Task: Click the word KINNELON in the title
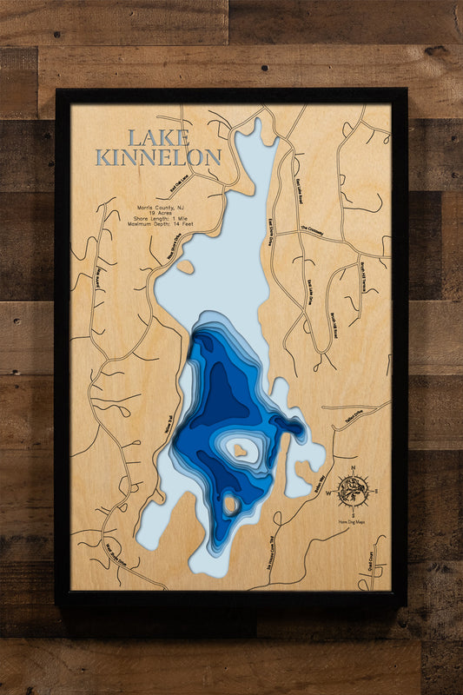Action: [x=159, y=158]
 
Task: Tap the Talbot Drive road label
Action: [x=352, y=417]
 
